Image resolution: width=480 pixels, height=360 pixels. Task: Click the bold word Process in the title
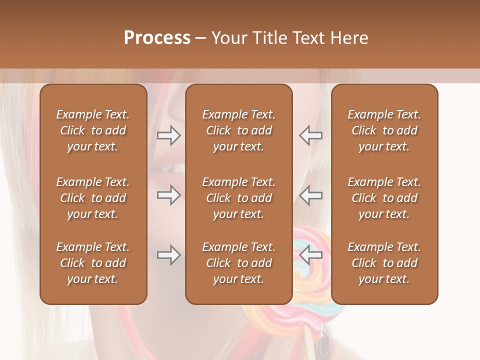click(x=157, y=38)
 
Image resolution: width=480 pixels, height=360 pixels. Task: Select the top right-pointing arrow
click(x=168, y=135)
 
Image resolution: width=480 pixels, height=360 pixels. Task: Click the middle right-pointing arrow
click(x=168, y=195)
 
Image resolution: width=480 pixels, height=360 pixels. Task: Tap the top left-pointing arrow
click(x=310, y=135)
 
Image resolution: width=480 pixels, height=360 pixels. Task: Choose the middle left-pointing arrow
click(x=310, y=195)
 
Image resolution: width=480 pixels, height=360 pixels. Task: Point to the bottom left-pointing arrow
click(x=310, y=255)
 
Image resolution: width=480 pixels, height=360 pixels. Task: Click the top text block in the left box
click(x=93, y=130)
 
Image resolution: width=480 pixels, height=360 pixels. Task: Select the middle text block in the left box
click(x=93, y=198)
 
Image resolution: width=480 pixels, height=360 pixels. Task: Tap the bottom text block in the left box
click(x=93, y=263)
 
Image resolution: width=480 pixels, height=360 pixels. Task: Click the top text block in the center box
click(x=239, y=130)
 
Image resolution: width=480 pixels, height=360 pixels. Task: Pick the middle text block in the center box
click(x=239, y=198)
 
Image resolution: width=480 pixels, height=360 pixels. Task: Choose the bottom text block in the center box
click(x=239, y=263)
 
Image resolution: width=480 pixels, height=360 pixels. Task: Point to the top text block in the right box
click(x=384, y=130)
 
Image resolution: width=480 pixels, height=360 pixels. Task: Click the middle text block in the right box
click(x=384, y=198)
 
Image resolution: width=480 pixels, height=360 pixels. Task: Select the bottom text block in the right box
click(x=384, y=263)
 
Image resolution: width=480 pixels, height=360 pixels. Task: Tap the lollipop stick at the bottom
click(x=311, y=345)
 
